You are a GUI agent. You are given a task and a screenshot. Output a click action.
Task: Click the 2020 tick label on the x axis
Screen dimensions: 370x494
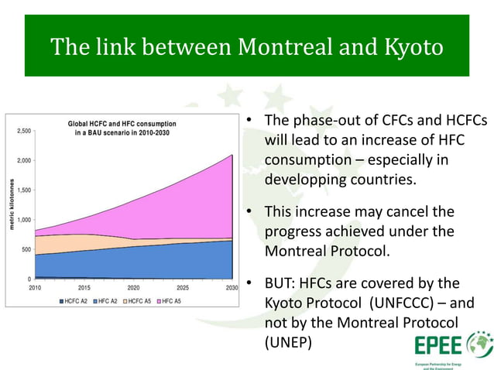pos(134,286)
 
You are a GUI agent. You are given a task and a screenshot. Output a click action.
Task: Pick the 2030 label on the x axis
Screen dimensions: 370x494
pos(232,286)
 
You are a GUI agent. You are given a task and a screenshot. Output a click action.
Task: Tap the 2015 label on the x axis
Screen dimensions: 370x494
pos(84,286)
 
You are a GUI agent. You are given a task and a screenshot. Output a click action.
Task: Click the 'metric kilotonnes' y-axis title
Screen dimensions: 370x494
pos(12,205)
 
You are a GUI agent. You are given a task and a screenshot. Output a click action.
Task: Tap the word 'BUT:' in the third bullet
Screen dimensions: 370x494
pos(281,283)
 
